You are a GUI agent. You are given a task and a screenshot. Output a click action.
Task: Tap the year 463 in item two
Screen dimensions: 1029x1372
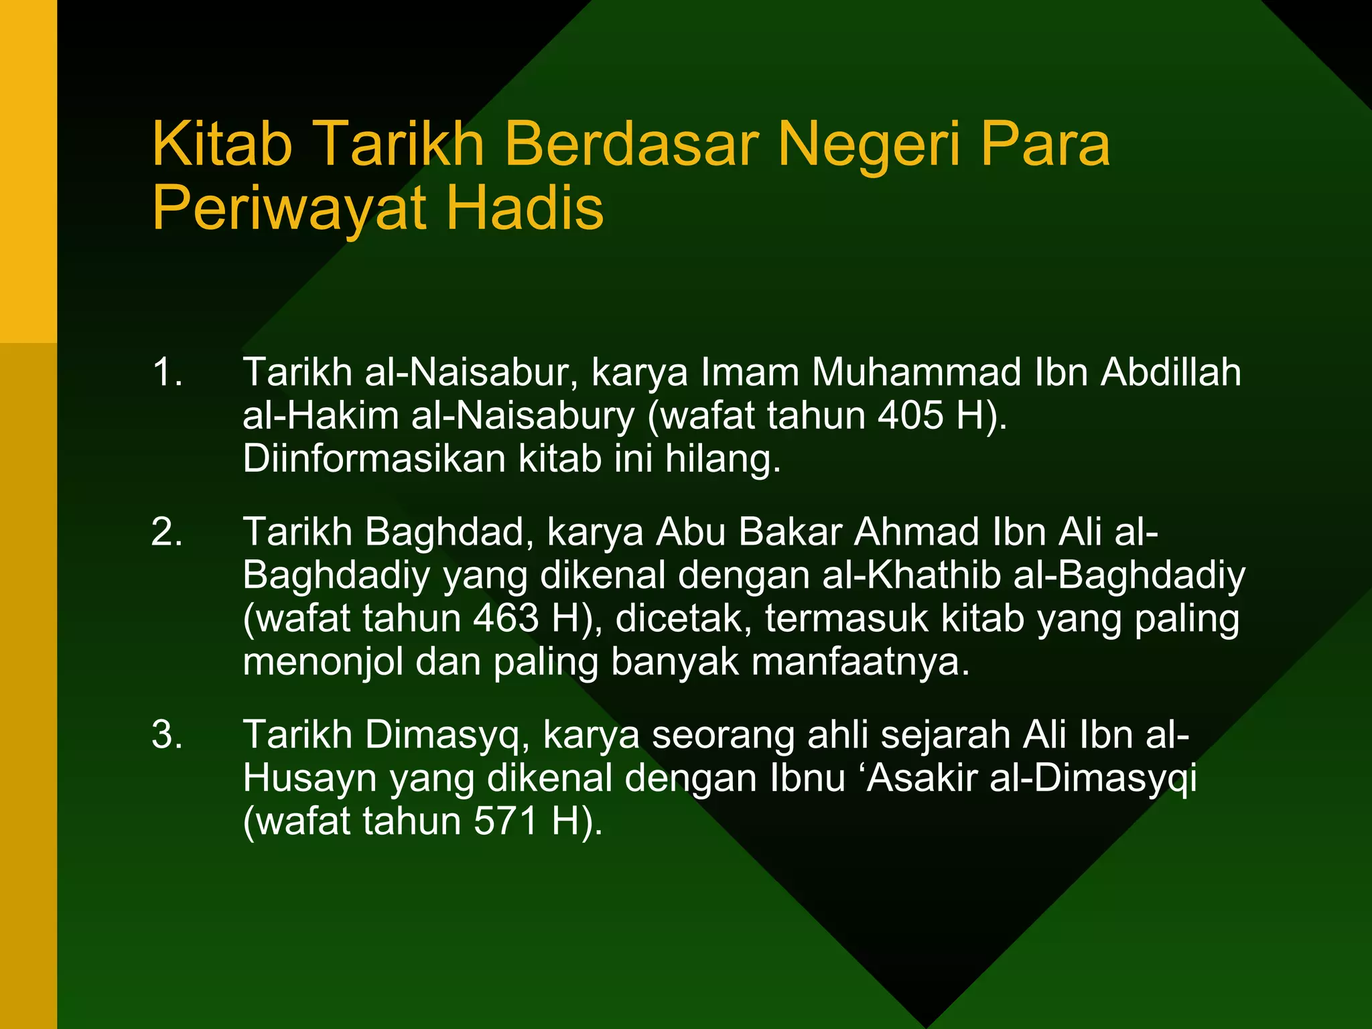(506, 618)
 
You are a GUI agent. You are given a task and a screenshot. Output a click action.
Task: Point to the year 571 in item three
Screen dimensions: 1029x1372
(506, 822)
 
